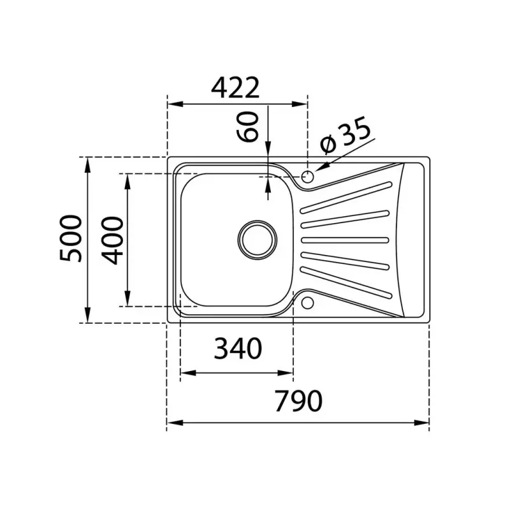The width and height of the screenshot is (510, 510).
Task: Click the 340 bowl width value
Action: point(237,349)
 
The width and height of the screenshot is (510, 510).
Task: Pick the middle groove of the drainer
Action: point(344,240)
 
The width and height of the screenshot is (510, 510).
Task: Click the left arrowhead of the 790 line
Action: point(171,422)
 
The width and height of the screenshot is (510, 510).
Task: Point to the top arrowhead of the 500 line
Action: point(87,163)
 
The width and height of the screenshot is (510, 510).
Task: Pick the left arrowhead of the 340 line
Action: point(186,374)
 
